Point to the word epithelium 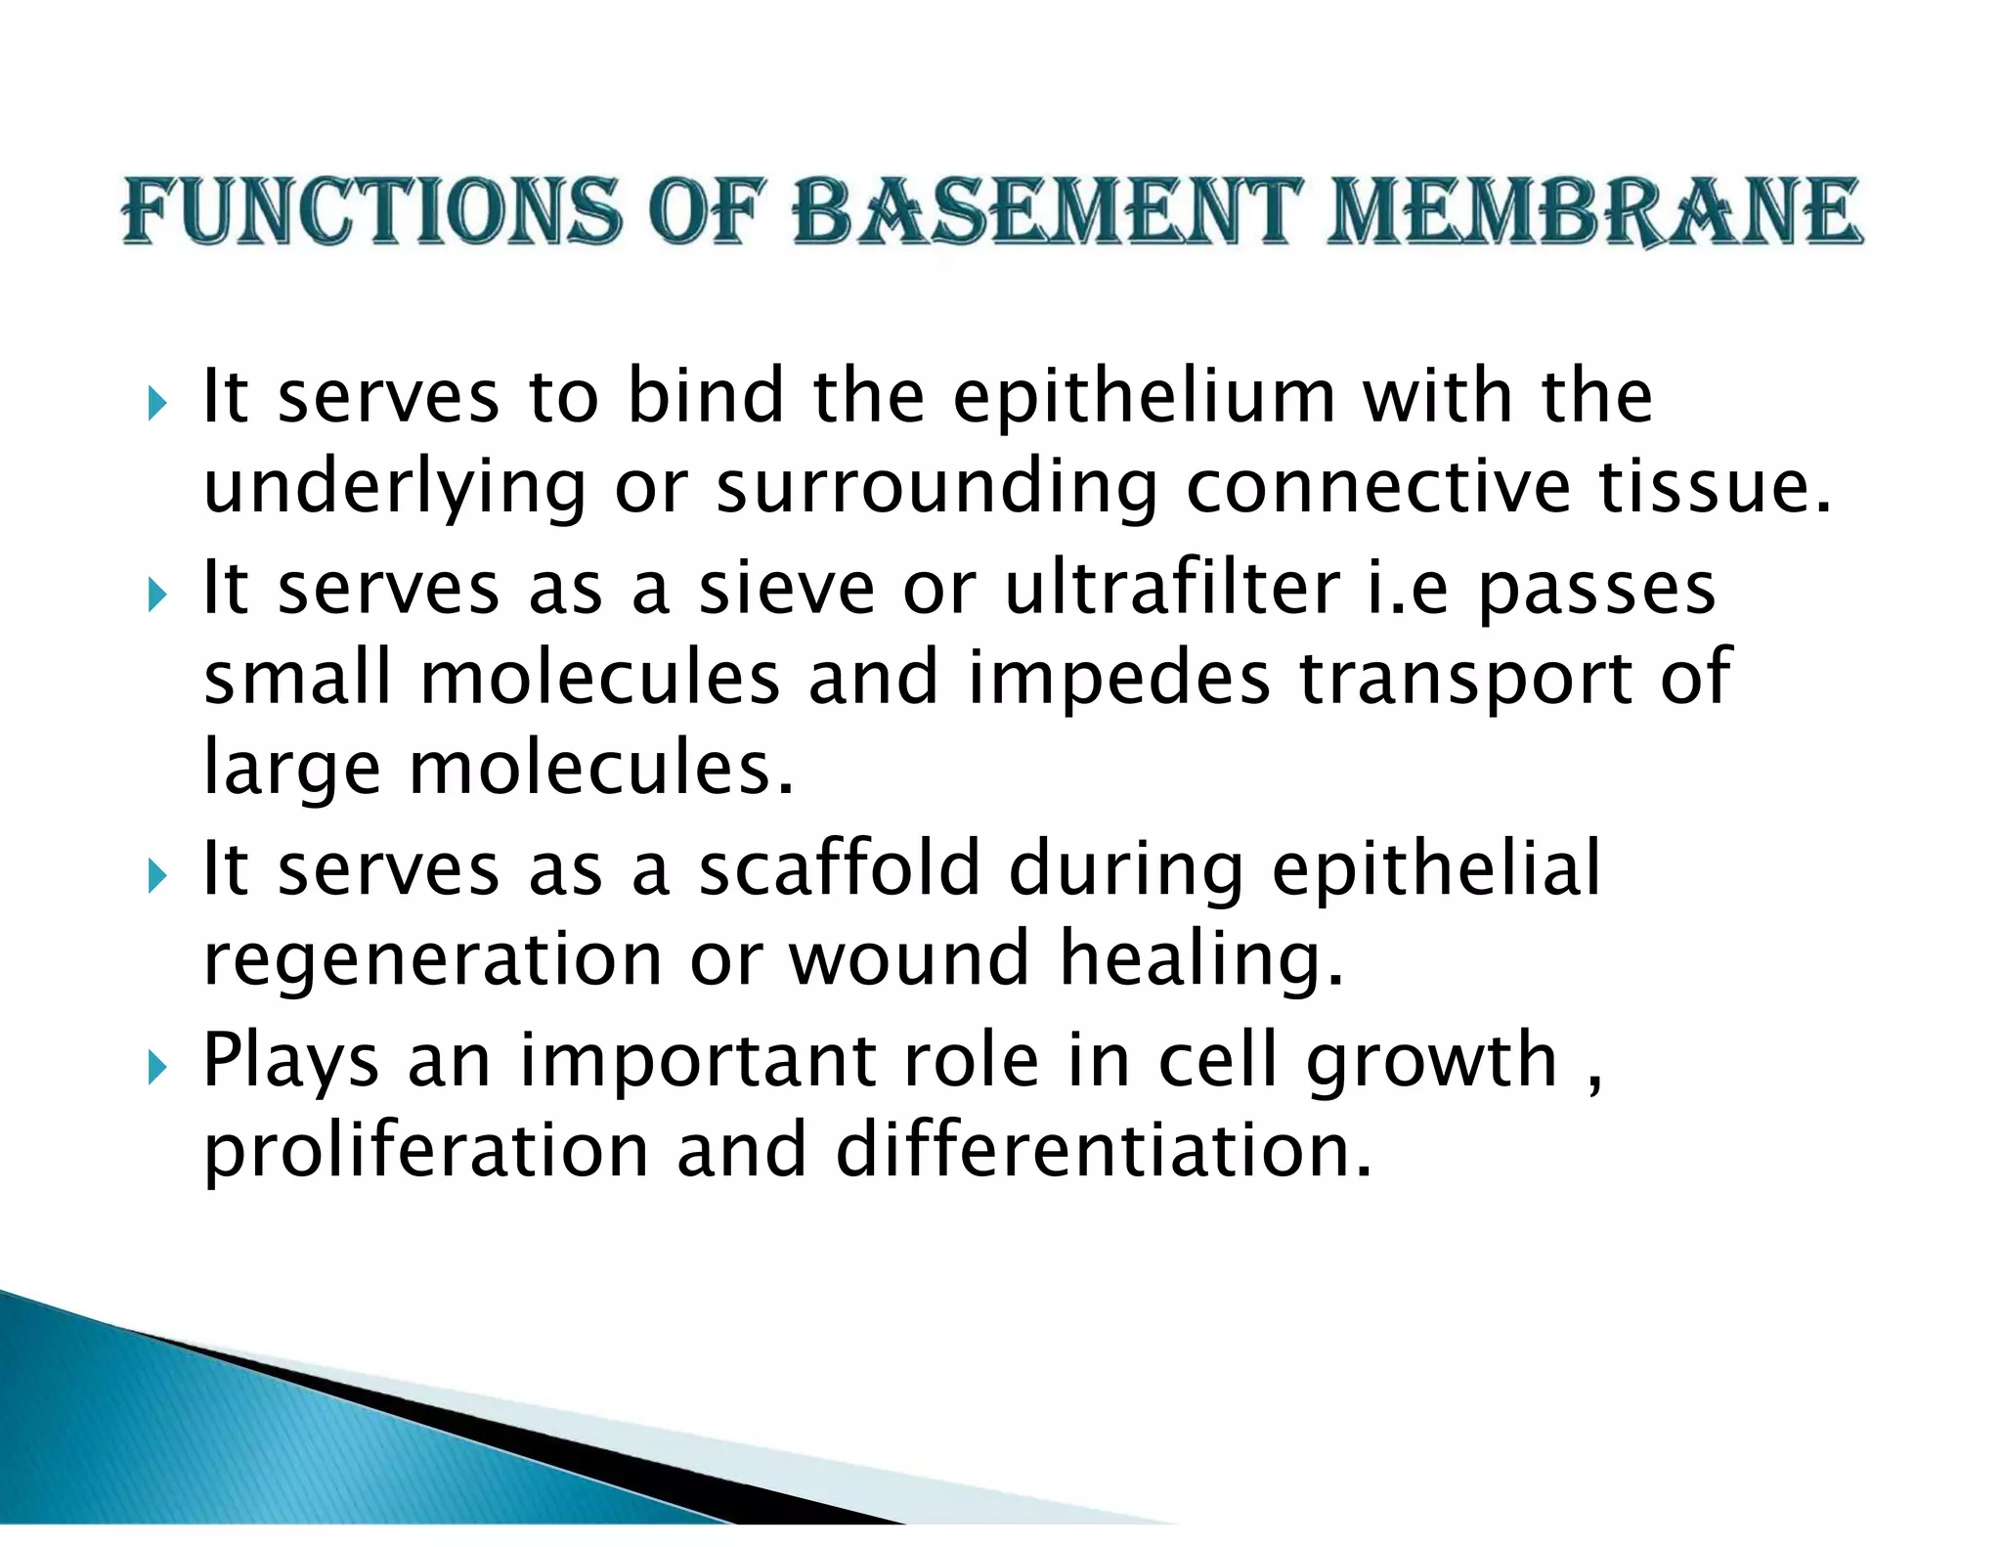coord(1144,399)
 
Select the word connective coord(1378,487)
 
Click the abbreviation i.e coord(1407,589)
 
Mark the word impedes coord(1118,679)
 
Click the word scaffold coord(839,868)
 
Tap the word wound coord(909,958)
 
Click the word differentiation coord(1104,1150)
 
